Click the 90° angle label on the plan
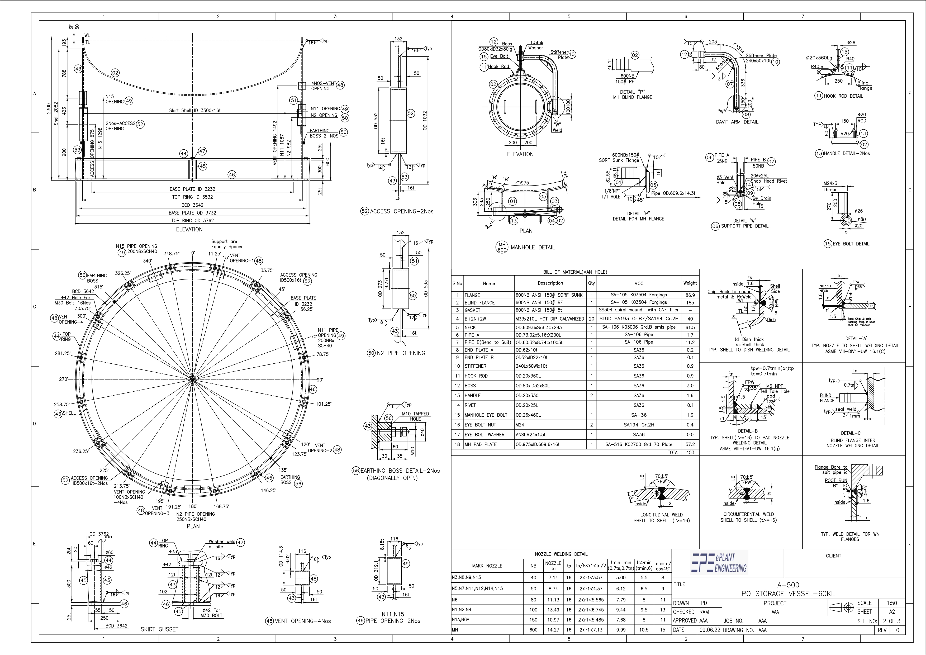pos(319,379)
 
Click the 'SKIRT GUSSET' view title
pos(159,629)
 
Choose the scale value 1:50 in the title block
pos(892,603)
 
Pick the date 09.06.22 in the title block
pos(709,630)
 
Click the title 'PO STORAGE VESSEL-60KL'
pos(788,594)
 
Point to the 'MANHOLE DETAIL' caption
pos(532,247)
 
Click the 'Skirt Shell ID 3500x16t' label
pos(195,110)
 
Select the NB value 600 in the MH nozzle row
pos(533,630)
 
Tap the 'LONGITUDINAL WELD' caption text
pos(661,515)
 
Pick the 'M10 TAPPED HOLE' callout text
pos(415,416)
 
